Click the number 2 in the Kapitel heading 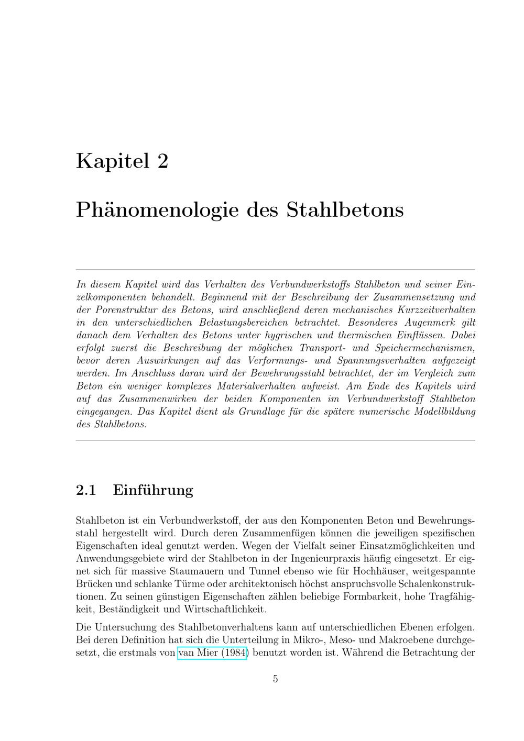pyautogui.click(x=162, y=161)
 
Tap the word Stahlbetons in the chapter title pyautogui.click(x=345, y=210)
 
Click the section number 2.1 pyautogui.click(x=86, y=490)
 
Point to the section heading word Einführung pyautogui.click(x=153, y=490)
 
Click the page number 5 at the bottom pyautogui.click(x=276, y=679)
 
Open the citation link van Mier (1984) pyautogui.click(x=213, y=653)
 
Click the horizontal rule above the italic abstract pyautogui.click(x=276, y=270)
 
